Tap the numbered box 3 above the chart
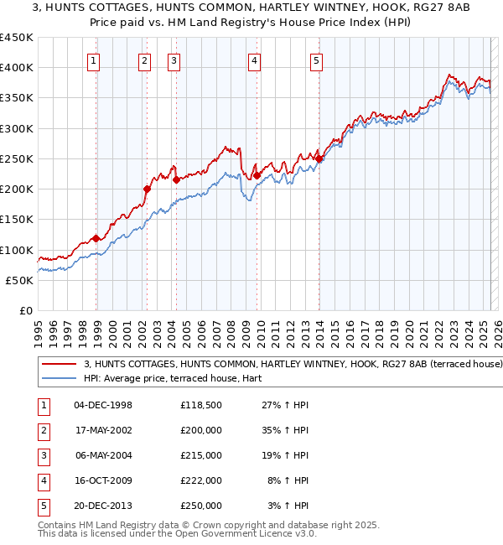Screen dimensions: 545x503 pos(174,60)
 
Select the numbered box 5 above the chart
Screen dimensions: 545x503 pos(316,60)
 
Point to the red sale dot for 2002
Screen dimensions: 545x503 pos(147,189)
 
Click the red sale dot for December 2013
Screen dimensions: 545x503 pos(319,158)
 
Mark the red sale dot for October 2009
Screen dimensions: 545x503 pos(257,175)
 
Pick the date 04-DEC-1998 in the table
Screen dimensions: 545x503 pos(103,405)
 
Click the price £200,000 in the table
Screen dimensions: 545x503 pos(201,430)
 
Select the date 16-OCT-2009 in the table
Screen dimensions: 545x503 pos(103,480)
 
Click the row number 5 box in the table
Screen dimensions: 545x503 pos(44,506)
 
